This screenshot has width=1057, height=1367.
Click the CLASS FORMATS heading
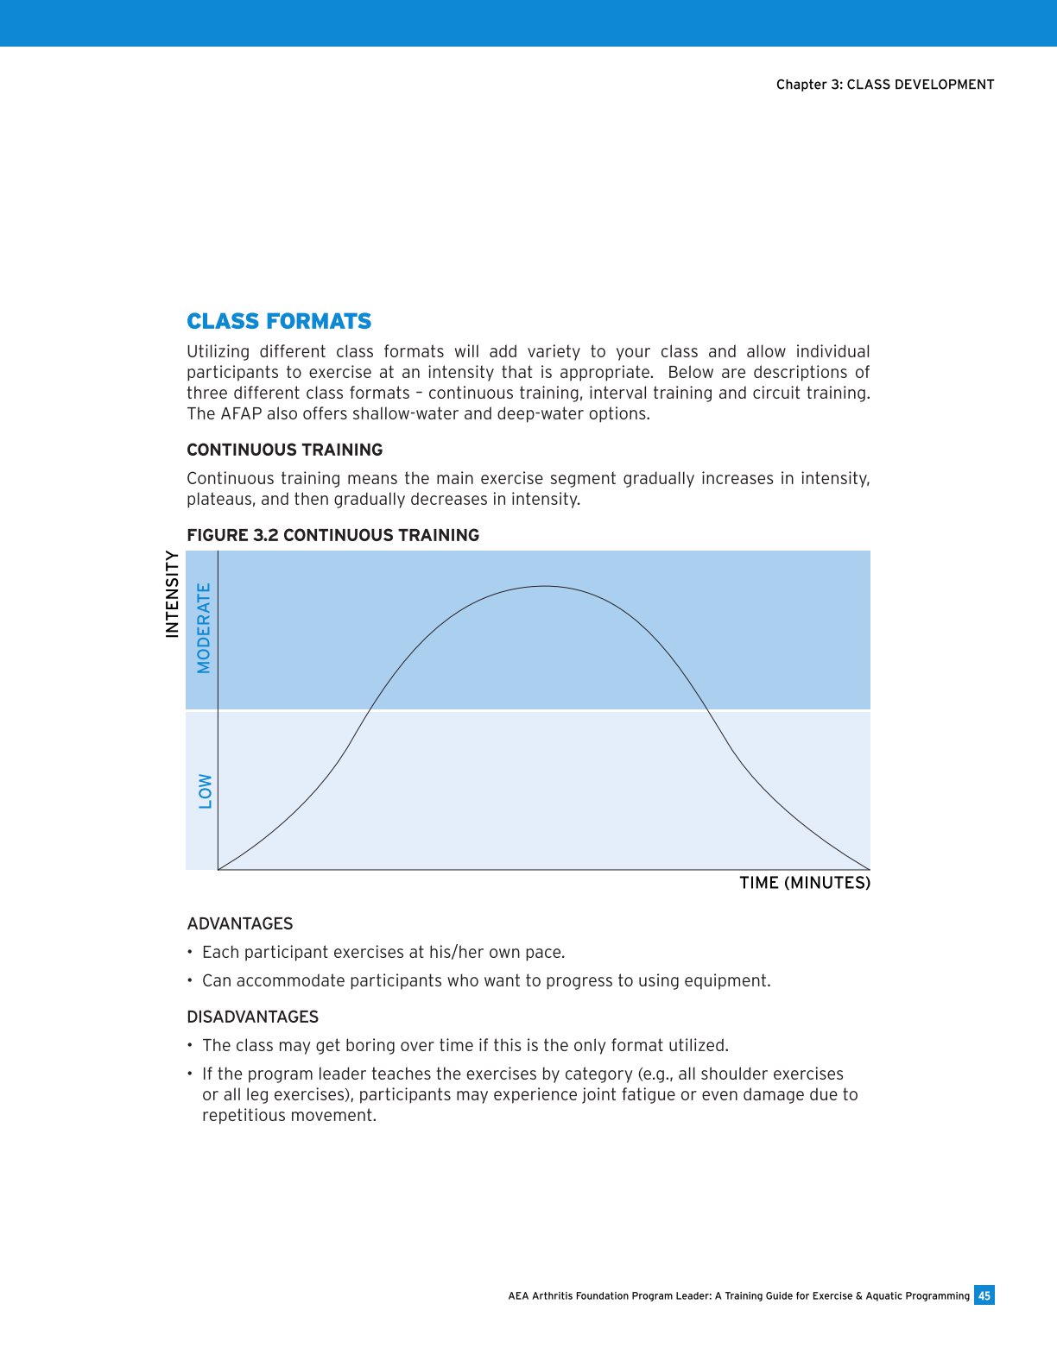pyautogui.click(x=279, y=321)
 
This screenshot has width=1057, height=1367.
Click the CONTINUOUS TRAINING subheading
pyautogui.click(x=284, y=450)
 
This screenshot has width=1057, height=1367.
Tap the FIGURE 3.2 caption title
pyautogui.click(x=332, y=535)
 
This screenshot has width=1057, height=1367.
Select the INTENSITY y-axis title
pyautogui.click(x=172, y=595)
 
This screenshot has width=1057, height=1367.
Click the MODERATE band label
pyautogui.click(x=204, y=628)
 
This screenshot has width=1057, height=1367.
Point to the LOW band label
pyautogui.click(x=205, y=791)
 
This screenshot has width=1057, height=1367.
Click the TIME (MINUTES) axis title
pyautogui.click(x=805, y=883)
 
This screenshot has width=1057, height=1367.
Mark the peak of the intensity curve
pyautogui.click(x=544, y=586)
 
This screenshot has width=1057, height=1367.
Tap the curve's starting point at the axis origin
pyautogui.click(x=218, y=869)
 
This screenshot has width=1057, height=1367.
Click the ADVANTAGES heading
pyautogui.click(x=239, y=923)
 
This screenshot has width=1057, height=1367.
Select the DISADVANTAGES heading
pyautogui.click(x=252, y=1017)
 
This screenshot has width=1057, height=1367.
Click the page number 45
pyautogui.click(x=984, y=1295)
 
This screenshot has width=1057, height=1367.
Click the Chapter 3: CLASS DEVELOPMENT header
pyautogui.click(x=884, y=85)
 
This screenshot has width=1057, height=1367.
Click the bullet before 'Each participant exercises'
pyautogui.click(x=189, y=953)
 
